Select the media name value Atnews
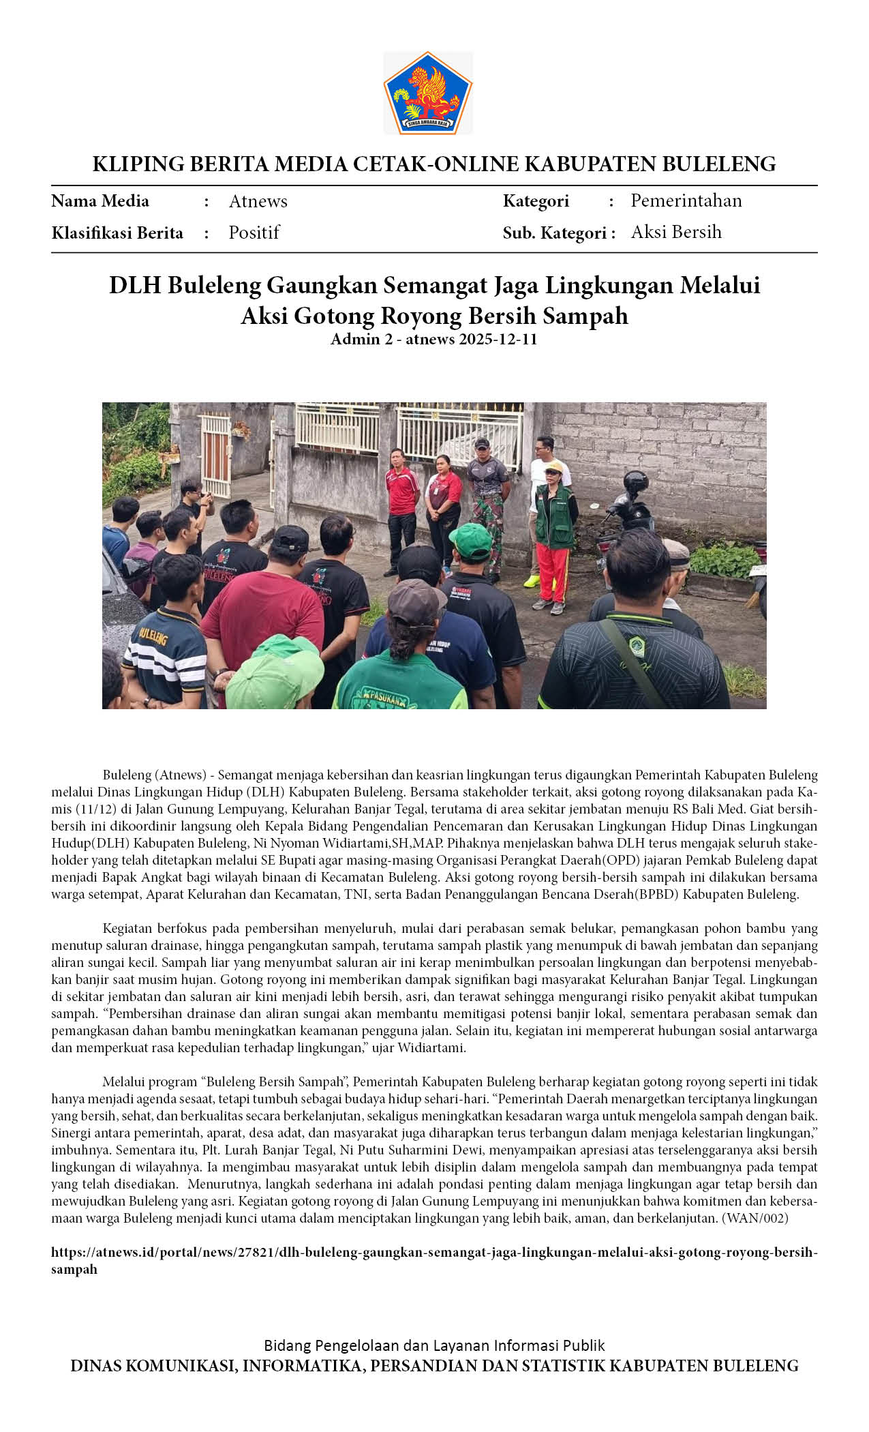pos(258,201)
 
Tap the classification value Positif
pos(254,233)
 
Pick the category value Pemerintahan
pos(686,200)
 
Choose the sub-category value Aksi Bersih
pos(675,232)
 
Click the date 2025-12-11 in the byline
pos(498,339)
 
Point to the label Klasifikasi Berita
pos(117,233)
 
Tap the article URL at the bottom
pos(433,1260)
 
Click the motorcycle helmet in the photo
pos(635,482)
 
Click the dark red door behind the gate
pos(215,464)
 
